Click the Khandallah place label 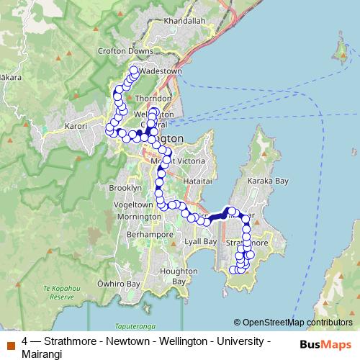tap(185, 22)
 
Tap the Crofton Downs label tap(127, 51)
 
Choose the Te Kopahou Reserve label tap(58, 292)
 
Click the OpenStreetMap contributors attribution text tap(297, 322)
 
